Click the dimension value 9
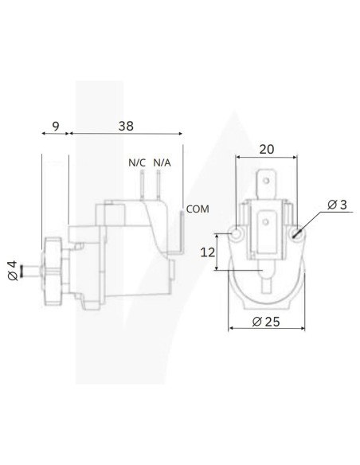[54, 124]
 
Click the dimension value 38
[124, 124]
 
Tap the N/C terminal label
[136, 163]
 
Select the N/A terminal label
[161, 163]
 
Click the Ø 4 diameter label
[10, 270]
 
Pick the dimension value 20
[267, 147]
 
